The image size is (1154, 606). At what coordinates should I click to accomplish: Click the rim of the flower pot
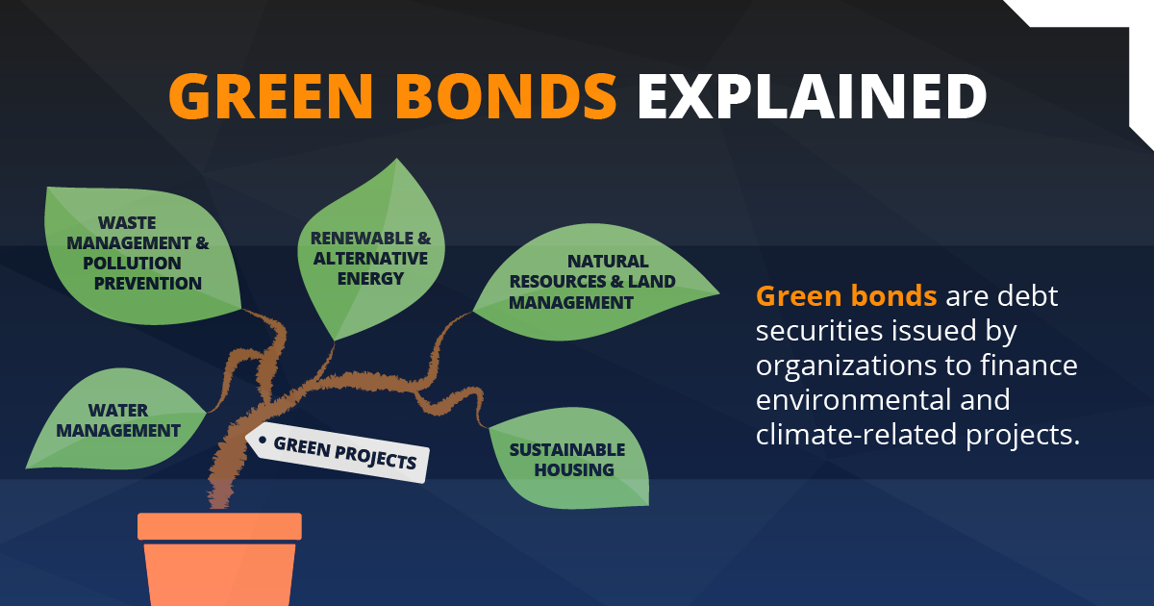pos(219,526)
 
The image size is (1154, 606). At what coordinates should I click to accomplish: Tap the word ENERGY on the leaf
pos(370,279)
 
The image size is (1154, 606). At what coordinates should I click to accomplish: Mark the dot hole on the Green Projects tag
pos(261,440)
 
